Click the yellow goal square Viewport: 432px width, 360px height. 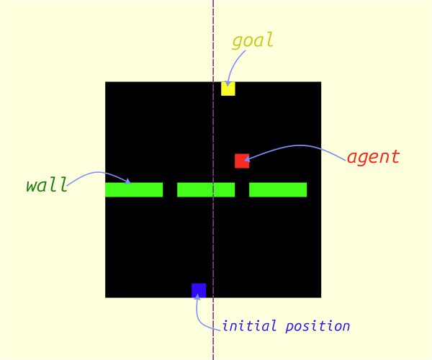(x=228, y=89)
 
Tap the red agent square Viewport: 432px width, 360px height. (x=242, y=161)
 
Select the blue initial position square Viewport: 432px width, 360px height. (x=199, y=290)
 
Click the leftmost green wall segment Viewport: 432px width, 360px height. (x=134, y=190)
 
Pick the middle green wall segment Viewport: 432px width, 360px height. (x=206, y=190)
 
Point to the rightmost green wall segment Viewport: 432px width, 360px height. (x=278, y=190)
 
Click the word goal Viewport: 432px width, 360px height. (x=253, y=40)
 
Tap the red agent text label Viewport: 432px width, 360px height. (x=373, y=157)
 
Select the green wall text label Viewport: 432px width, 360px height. (x=47, y=184)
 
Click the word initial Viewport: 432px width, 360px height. (x=249, y=326)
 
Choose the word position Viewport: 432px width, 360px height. (x=318, y=327)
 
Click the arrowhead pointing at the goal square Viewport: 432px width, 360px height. (x=228, y=84)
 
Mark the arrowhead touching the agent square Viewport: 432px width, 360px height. (x=247, y=159)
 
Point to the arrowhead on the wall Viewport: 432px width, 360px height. (x=128, y=181)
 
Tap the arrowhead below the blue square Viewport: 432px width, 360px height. (x=197, y=297)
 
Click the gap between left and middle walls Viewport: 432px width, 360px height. (x=170, y=190)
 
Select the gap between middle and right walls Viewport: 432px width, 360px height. (x=242, y=190)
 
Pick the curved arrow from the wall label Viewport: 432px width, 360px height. (x=97, y=173)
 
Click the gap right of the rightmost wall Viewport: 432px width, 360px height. (x=314, y=190)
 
